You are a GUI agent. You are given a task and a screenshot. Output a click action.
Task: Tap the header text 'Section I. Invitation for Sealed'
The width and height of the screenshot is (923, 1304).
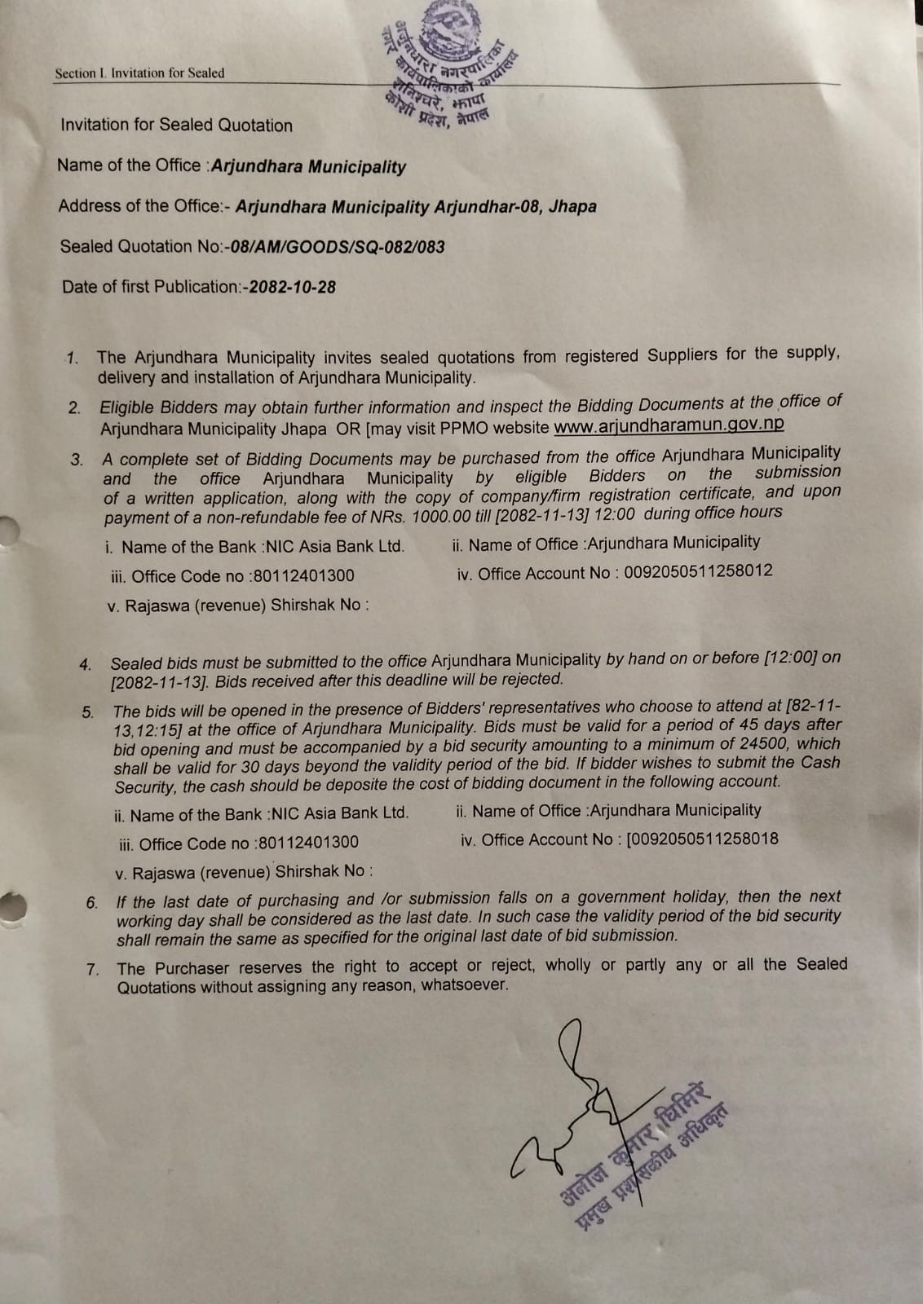pos(139,73)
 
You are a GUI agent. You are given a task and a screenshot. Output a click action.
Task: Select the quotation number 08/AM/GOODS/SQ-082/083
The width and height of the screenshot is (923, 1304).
pos(338,247)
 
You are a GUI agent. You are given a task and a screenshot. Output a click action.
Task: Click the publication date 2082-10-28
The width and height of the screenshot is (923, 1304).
pos(292,287)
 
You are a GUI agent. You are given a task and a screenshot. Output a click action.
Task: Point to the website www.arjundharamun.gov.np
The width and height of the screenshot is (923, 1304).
pos(669,424)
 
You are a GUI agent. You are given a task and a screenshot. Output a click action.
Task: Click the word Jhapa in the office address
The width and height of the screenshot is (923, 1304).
pos(572,206)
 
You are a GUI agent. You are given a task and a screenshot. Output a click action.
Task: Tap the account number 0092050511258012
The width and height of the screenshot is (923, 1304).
pos(698,572)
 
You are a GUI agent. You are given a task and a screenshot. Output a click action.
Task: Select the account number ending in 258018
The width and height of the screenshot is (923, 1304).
pos(701,839)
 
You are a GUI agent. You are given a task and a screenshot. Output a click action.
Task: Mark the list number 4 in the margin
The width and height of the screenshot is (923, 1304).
pos(86,665)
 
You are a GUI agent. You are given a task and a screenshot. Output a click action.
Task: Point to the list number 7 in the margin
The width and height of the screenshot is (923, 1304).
pos(93,970)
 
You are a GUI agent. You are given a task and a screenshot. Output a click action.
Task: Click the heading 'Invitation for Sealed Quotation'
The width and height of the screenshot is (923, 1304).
pos(176,126)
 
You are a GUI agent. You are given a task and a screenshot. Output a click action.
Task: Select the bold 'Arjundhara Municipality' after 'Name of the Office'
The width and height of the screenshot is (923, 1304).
pos(308,166)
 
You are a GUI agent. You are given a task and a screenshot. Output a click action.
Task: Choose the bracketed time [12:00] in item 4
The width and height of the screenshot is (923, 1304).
pos(790,658)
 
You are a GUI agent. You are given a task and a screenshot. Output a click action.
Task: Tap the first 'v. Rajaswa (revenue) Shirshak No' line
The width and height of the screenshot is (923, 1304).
pos(238,606)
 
